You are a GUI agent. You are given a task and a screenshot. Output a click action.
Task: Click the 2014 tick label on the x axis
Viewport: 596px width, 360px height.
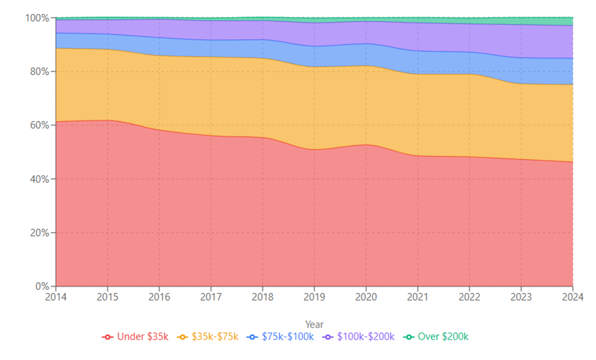coord(56,297)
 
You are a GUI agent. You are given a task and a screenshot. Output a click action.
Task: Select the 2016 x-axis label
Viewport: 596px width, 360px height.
coord(159,297)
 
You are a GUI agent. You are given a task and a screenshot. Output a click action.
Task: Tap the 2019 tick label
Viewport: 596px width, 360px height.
coord(314,297)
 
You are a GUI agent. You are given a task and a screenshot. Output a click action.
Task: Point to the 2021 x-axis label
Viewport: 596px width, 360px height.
coord(418,297)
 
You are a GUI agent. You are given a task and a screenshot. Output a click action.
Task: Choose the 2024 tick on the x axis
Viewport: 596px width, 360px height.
coord(572,297)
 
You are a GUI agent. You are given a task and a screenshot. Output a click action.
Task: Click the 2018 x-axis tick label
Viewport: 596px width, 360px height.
coord(262,297)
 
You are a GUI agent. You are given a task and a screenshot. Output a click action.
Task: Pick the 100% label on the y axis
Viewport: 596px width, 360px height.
coord(37,18)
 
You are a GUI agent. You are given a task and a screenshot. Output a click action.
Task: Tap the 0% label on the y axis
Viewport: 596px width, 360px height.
coord(42,286)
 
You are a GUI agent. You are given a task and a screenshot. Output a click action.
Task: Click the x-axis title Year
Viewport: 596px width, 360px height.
coord(314,325)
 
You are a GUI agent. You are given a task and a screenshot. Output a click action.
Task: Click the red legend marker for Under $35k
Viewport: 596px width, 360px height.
coord(108,337)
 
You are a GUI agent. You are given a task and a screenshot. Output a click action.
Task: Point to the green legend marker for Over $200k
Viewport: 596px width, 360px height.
coord(409,337)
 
